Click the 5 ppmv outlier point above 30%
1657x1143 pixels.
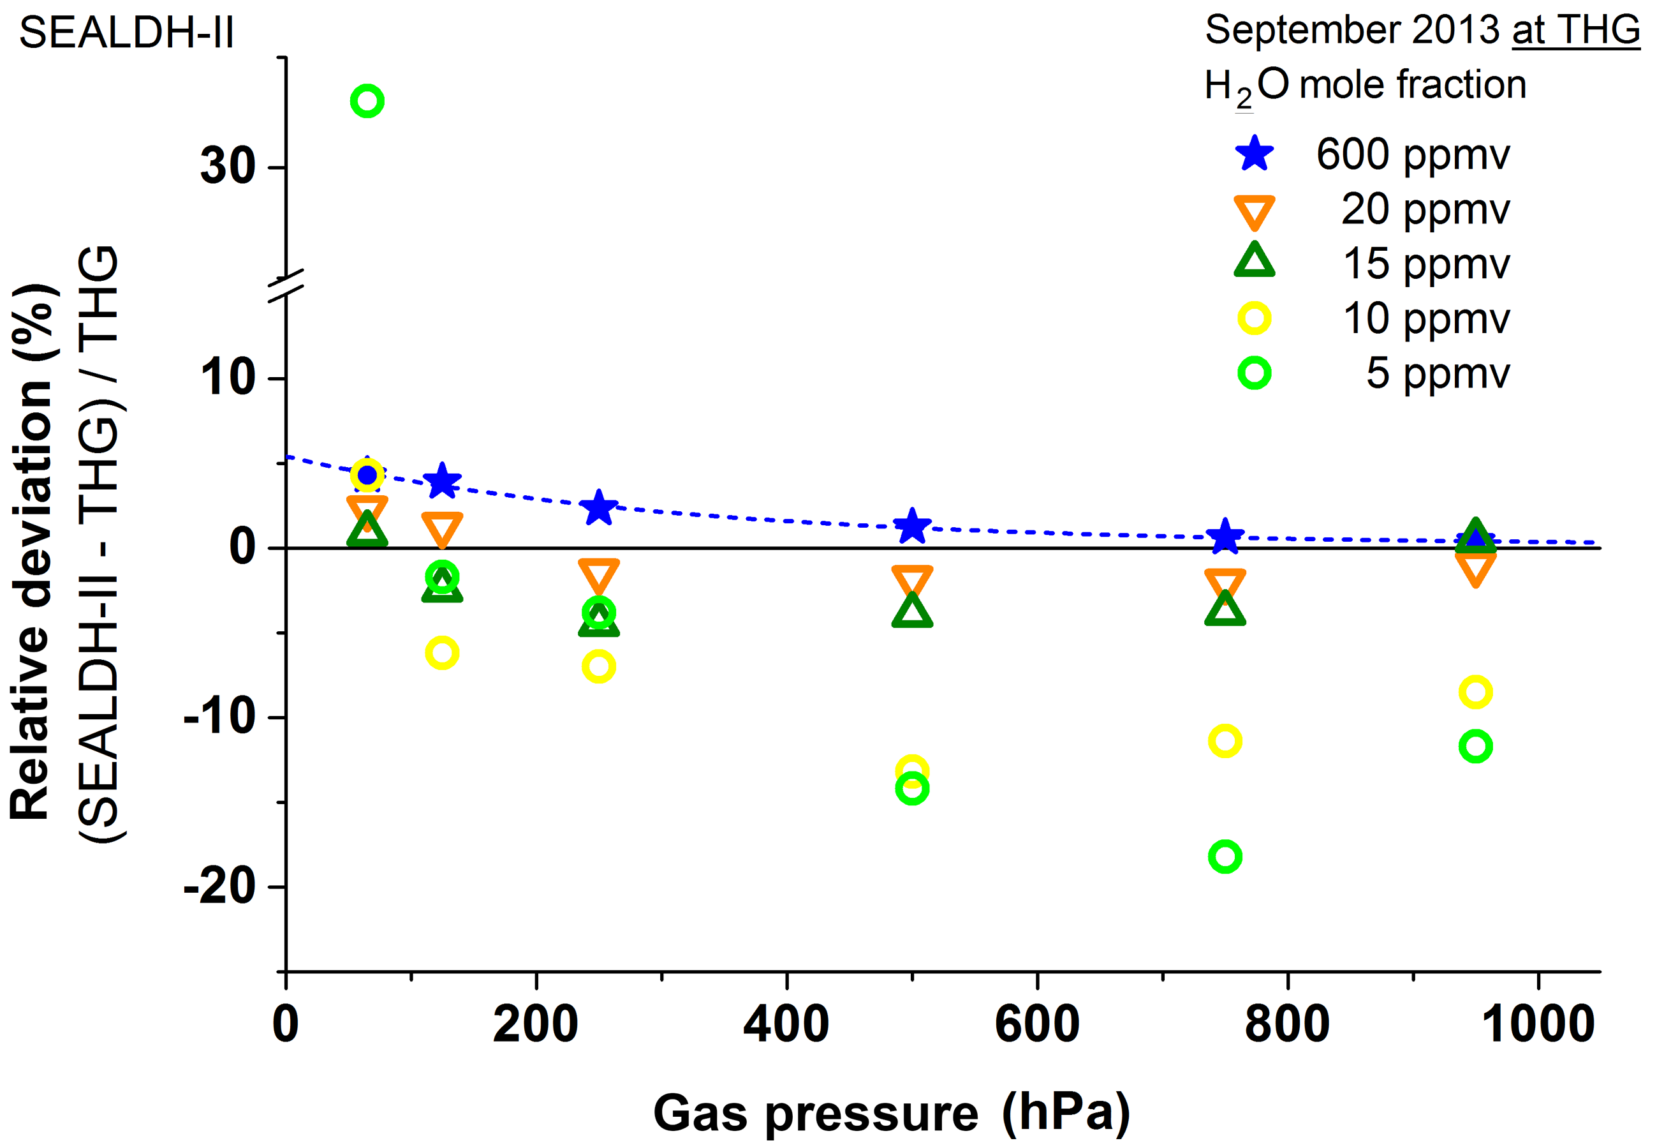point(367,101)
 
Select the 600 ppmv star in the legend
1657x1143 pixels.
point(1255,153)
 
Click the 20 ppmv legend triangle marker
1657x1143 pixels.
point(1255,211)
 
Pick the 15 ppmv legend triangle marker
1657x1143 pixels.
point(1255,262)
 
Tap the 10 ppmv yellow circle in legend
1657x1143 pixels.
point(1255,318)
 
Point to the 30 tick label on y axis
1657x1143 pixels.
point(228,166)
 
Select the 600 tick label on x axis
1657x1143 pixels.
point(1037,1025)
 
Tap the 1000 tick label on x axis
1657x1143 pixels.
point(1538,1025)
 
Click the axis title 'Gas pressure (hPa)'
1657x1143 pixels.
point(892,1112)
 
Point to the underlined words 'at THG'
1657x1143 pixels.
point(1575,30)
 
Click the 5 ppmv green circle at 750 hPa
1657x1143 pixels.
point(1225,856)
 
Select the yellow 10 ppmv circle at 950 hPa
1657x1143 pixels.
point(1476,692)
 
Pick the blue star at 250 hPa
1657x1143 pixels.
point(599,508)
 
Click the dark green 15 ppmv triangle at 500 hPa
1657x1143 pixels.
point(913,611)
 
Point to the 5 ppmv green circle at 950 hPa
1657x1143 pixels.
point(1476,747)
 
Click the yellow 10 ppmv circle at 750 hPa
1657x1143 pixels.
point(1225,741)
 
